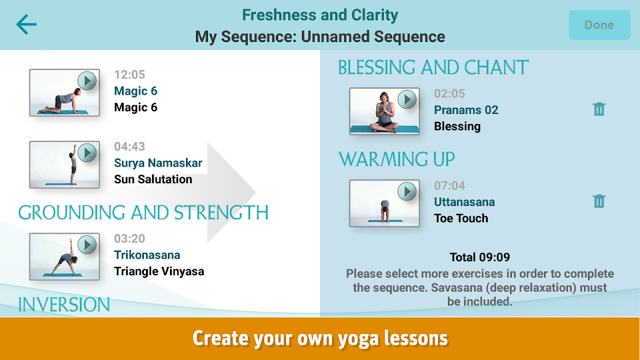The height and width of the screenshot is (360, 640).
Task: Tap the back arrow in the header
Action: click(x=26, y=24)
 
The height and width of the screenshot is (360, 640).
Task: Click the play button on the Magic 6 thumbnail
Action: click(x=87, y=81)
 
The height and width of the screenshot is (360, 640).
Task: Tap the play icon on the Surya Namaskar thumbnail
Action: click(x=87, y=153)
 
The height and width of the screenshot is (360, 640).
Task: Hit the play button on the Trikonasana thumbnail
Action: click(x=87, y=245)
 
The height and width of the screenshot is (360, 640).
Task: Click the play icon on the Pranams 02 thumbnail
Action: click(x=407, y=99)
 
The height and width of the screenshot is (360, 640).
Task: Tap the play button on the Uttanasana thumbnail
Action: click(x=407, y=191)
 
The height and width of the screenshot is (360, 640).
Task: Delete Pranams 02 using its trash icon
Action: click(x=599, y=109)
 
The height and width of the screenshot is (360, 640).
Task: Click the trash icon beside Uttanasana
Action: click(x=599, y=201)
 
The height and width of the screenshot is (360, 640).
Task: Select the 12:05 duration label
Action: click(x=129, y=74)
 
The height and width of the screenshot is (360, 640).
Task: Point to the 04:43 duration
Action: click(x=129, y=146)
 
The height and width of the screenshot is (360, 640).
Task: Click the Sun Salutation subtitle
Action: click(x=153, y=179)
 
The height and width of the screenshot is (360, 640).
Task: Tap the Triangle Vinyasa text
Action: click(x=159, y=271)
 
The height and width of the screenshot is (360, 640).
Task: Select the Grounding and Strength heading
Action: click(x=143, y=213)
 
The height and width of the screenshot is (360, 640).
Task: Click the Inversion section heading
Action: click(x=64, y=304)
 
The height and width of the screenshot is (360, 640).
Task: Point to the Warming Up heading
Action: click(x=396, y=159)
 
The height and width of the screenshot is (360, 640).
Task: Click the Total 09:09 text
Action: click(x=479, y=257)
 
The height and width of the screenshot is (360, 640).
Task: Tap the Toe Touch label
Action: click(x=461, y=218)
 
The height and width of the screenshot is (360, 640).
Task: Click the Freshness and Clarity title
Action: click(x=320, y=15)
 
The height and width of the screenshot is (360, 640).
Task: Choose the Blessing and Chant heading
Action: click(x=433, y=67)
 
